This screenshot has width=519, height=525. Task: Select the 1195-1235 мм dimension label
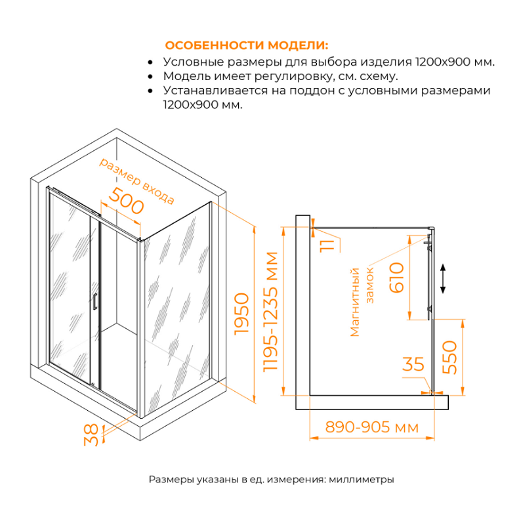271,313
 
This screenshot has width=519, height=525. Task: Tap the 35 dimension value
413,365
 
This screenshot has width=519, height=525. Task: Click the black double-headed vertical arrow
444,278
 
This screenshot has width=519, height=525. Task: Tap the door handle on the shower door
95,301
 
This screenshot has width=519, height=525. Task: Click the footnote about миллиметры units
271,480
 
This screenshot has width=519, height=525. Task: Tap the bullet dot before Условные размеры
151,62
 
